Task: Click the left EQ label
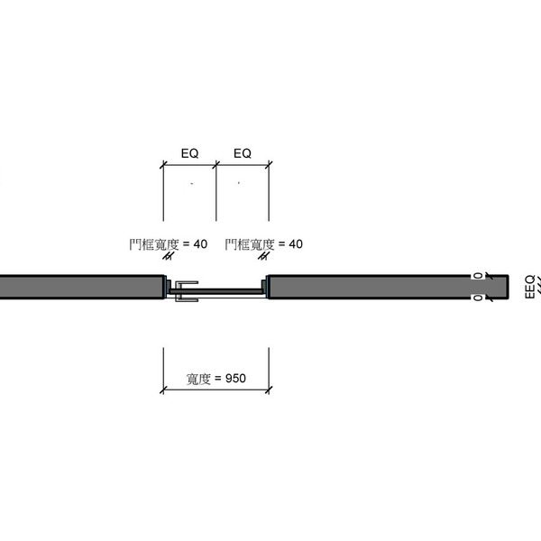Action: click(189, 153)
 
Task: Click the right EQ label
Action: click(243, 153)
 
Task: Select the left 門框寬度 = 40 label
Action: click(169, 244)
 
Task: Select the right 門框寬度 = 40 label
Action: click(264, 244)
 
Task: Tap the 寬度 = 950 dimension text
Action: click(216, 379)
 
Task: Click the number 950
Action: click(235, 379)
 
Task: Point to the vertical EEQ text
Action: click(529, 287)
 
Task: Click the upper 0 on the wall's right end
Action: click(478, 275)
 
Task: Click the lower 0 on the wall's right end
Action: click(478, 298)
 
